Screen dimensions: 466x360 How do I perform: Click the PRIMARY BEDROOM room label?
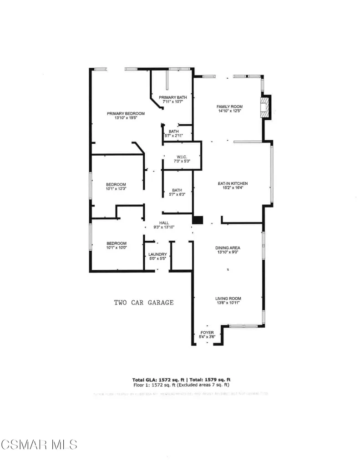[126, 113]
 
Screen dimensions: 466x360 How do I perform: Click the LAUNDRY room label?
[157, 254]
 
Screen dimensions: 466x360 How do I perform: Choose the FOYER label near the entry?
[207, 333]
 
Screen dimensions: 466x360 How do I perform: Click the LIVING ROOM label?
[228, 299]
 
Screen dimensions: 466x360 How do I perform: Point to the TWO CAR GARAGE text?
[143, 302]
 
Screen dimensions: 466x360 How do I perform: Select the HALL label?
[164, 223]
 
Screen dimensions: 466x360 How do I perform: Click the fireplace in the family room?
[265, 107]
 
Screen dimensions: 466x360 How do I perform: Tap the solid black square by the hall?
[197, 220]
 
